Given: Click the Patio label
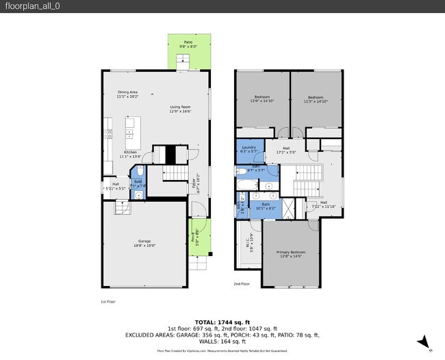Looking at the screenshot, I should point(188,43).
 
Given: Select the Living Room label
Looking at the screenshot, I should point(180,107).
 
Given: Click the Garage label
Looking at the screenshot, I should point(144,241).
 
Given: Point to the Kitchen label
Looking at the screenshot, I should point(130,152).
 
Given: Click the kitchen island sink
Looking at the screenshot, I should point(129,128).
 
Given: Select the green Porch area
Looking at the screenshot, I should point(199,236).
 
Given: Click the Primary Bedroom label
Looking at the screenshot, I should point(291,253).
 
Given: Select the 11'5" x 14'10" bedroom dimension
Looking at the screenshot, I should point(316,101).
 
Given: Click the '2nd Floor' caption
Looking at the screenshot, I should point(242,283).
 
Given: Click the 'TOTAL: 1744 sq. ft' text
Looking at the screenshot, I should point(222,321).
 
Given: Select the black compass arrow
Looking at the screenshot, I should point(423,341).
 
